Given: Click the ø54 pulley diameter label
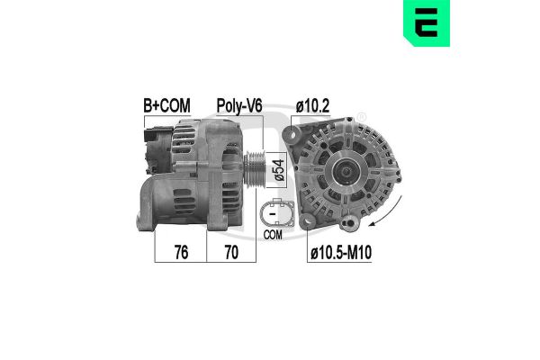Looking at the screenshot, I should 280,168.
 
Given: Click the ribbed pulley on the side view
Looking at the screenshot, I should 255,168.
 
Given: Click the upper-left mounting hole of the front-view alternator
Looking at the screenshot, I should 293,135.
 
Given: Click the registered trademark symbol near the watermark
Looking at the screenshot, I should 361,117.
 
